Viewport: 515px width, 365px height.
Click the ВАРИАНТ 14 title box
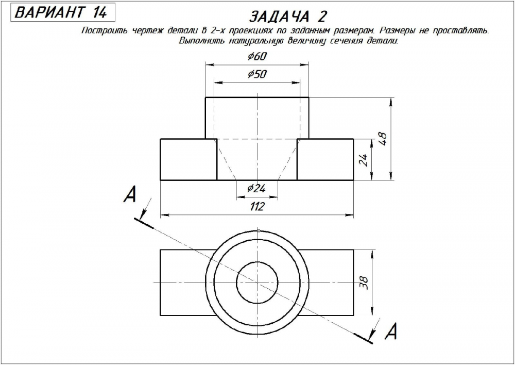tap(60, 12)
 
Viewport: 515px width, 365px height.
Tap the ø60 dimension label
tap(257, 56)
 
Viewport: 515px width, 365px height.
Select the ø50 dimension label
tap(257, 74)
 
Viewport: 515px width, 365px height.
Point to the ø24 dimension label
tap(256, 188)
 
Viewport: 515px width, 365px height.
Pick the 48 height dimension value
tap(382, 138)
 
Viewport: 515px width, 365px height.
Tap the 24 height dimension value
tap(363, 160)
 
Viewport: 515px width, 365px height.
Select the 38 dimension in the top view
tap(364, 283)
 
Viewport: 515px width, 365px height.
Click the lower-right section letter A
tap(391, 332)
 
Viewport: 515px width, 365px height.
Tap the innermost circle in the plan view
tap(257, 283)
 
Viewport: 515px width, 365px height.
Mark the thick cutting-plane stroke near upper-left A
tap(144, 223)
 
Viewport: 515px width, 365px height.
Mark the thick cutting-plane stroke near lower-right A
tap(364, 339)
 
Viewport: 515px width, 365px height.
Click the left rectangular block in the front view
tap(188, 159)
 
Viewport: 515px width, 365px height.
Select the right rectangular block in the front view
tap(325, 159)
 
